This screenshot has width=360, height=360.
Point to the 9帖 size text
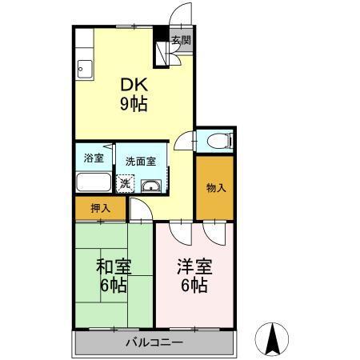click(133, 104)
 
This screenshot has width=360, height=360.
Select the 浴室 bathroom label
click(94, 157)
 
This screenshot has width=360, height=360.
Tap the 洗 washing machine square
click(125, 183)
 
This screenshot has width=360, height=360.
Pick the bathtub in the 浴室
click(94, 182)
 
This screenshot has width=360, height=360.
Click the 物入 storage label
click(216, 189)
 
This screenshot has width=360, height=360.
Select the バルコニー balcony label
click(154, 343)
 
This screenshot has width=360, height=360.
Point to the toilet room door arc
click(185, 139)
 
